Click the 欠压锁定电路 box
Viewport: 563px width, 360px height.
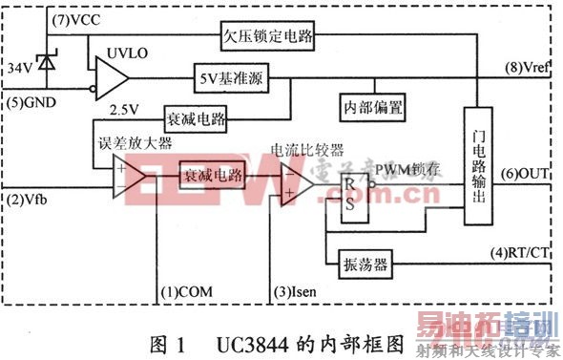click(x=269, y=35)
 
